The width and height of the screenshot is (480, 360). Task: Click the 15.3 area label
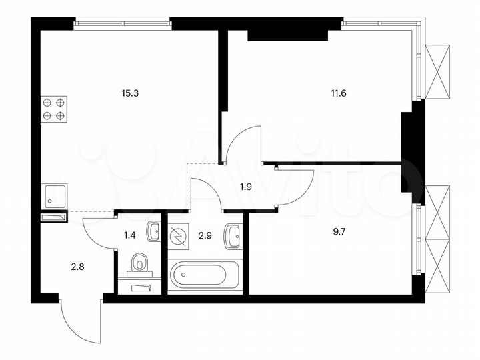[130, 93]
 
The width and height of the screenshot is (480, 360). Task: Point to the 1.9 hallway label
[246, 187]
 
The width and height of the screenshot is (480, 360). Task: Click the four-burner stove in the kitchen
[54, 109]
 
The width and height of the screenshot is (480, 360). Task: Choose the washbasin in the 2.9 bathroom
[233, 236]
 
